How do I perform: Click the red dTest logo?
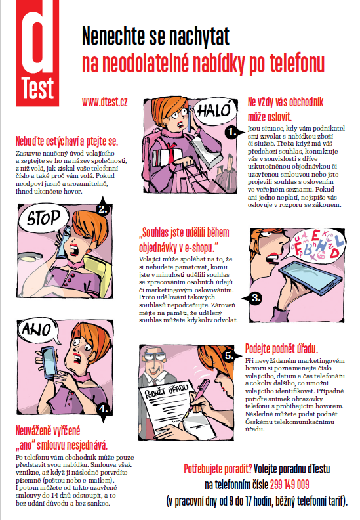37,53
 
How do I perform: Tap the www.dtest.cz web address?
105,102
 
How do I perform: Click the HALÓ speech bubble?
215,112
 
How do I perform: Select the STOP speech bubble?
43,219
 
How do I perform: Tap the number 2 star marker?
104,208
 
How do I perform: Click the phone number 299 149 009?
289,485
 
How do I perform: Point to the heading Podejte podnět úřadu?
281,349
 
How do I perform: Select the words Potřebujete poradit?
218,469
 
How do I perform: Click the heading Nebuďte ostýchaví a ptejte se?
67,141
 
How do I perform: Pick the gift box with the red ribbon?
167,155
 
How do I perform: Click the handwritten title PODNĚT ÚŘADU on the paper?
167,391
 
